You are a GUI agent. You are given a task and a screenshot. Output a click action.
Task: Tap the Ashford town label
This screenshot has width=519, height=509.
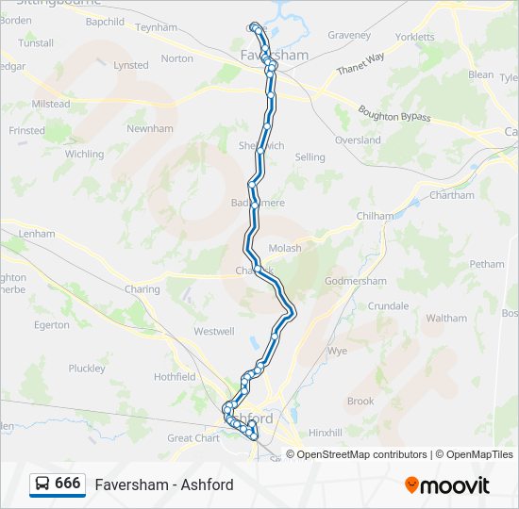251,418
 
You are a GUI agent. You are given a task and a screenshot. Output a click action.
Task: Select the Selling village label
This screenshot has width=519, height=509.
310,157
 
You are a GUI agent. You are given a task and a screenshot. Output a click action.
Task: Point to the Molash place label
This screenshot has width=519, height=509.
285,248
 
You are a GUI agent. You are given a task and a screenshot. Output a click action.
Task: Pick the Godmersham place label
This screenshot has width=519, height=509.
355,281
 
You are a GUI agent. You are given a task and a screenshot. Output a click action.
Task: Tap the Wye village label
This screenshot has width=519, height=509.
337,351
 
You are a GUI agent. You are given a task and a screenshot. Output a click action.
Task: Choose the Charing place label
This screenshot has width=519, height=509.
142,289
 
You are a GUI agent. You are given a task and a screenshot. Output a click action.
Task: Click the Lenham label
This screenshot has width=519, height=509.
37,233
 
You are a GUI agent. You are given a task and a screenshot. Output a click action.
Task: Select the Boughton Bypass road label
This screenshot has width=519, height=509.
393,115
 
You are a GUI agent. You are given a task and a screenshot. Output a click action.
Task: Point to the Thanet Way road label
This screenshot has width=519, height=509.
360,65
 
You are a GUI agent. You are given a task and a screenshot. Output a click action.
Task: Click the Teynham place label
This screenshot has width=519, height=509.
156,27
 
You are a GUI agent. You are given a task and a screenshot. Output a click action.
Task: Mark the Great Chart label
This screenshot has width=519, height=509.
193,438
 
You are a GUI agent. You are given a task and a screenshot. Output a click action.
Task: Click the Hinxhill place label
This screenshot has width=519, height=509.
325,433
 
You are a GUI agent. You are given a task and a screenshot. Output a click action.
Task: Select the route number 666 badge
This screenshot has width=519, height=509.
67,484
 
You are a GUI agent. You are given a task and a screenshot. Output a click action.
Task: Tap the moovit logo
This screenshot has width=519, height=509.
447,485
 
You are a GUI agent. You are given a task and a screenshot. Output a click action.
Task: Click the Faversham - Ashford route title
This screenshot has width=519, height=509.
164,484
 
